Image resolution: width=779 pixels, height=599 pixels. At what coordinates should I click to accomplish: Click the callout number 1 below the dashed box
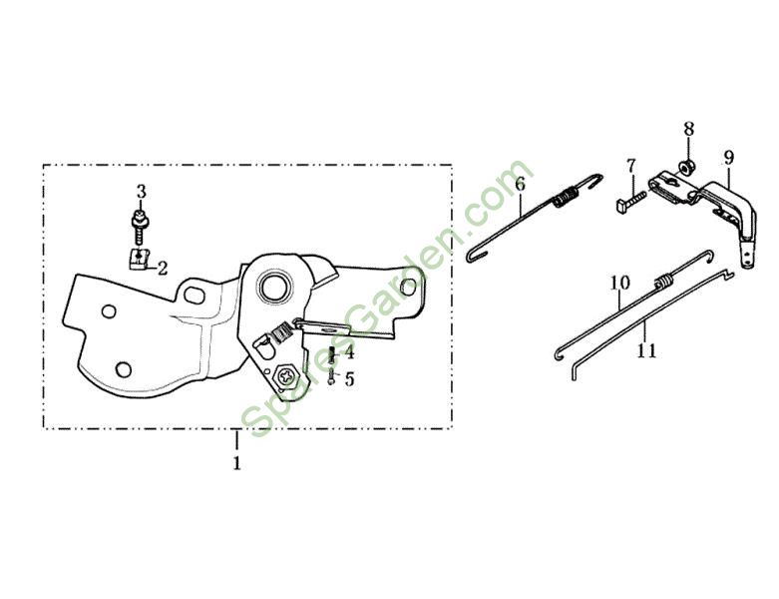(x=237, y=463)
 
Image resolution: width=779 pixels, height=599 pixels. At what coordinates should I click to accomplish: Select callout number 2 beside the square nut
(x=162, y=267)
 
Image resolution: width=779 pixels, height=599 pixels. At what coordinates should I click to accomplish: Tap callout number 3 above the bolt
(x=141, y=191)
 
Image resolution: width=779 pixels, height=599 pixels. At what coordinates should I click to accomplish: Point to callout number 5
(x=348, y=379)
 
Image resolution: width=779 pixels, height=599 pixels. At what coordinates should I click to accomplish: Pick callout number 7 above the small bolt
(x=630, y=165)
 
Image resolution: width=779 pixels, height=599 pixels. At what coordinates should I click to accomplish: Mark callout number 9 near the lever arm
(x=728, y=158)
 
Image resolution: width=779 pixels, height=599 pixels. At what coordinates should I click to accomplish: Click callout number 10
(x=619, y=284)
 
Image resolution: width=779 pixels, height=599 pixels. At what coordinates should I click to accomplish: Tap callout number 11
(x=646, y=350)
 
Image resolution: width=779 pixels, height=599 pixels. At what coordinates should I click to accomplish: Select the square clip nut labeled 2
(x=139, y=260)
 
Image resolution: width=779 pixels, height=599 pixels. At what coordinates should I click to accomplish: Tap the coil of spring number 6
(x=566, y=200)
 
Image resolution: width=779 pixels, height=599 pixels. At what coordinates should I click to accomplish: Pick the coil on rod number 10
(x=659, y=284)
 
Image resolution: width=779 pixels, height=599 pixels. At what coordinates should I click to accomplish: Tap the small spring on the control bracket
(x=282, y=331)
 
